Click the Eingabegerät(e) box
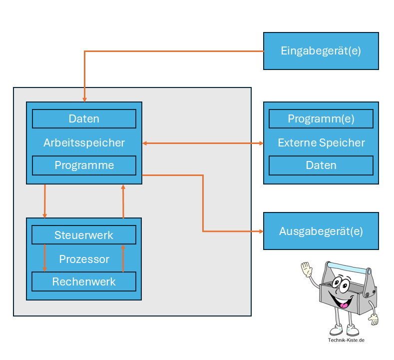click(321, 51)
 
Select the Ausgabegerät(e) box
click(321, 231)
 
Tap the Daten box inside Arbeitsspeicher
click(84, 119)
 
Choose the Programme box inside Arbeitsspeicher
click(84, 165)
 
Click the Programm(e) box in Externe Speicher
click(321, 119)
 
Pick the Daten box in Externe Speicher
click(321, 165)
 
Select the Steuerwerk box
click(84, 235)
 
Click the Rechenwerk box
click(84, 281)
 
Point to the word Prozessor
click(84, 259)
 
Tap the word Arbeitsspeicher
click(84, 142)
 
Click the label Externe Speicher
click(321, 143)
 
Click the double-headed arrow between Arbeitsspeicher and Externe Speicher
click(202, 143)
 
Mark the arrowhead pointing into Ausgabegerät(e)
click(260, 231)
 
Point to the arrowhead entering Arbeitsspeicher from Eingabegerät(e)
click(84, 99)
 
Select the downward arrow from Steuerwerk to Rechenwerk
click(45, 257)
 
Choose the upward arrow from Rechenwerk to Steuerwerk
click(123, 257)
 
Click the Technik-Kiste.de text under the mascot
click(346, 340)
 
